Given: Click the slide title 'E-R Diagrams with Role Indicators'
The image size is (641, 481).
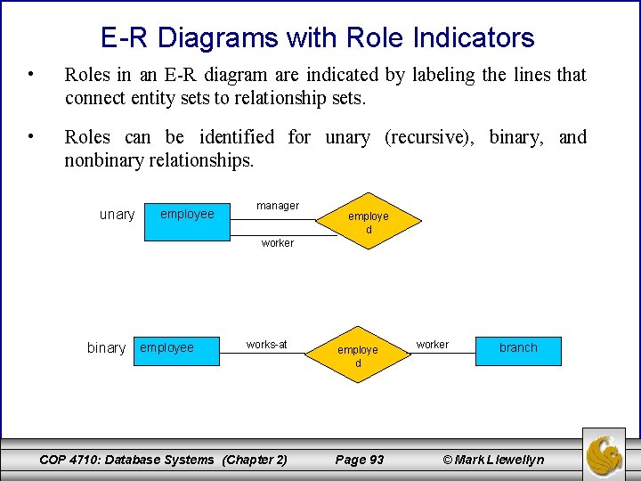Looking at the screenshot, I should (318, 37).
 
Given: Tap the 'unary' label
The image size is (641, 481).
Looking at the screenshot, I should (117, 215).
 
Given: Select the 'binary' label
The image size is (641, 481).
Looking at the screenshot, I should (106, 348).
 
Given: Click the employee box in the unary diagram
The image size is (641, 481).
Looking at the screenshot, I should (187, 214).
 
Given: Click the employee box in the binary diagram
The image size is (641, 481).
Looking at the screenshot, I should (176, 347).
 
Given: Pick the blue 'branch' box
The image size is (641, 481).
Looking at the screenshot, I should (518, 348).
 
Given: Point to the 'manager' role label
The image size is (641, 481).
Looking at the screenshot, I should (278, 206).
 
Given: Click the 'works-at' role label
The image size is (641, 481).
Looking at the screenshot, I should (267, 345).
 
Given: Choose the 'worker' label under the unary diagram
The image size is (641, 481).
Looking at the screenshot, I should (278, 243).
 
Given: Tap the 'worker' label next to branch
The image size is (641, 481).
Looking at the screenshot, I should (433, 345).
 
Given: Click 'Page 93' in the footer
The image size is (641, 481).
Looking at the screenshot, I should (359, 460).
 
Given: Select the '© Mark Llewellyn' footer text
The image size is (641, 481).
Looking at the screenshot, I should (492, 460).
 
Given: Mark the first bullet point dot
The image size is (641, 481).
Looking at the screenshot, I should (31, 73).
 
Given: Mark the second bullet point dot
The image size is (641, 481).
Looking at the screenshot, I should (31, 135).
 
